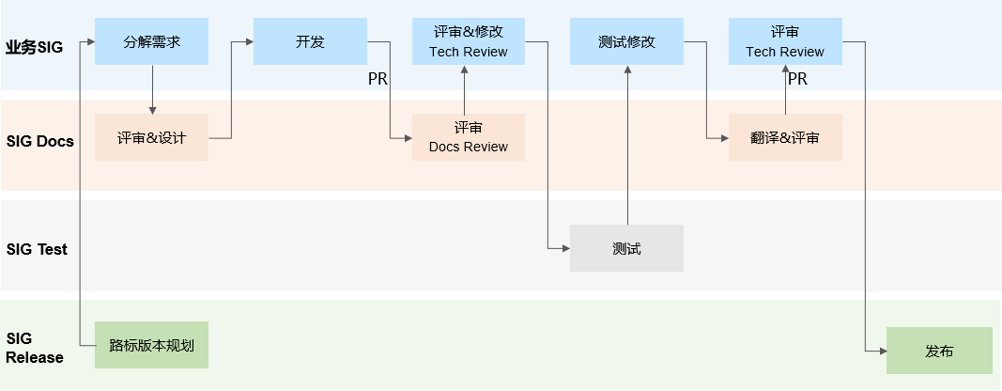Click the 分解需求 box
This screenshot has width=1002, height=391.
[x=151, y=42]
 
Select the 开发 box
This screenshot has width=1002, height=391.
[x=310, y=42]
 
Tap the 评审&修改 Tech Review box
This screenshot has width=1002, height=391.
[x=468, y=42]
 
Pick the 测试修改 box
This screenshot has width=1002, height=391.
[x=626, y=42]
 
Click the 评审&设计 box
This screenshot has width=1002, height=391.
[x=151, y=138]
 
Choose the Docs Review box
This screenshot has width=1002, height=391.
[x=468, y=137]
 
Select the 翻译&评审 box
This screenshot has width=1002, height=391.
[x=784, y=138]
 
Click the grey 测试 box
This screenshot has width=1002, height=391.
[x=626, y=249]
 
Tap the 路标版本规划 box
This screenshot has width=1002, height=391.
[x=151, y=345]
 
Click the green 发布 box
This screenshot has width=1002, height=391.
[x=939, y=351]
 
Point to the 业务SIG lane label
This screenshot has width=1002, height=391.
[x=34, y=46]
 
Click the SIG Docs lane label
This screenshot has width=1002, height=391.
[x=39, y=142]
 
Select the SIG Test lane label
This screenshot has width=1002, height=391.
[x=37, y=249]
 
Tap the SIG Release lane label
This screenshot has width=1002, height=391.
[x=35, y=348]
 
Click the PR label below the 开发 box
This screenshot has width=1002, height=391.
[x=378, y=80]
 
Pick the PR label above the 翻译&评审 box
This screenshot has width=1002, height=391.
[x=797, y=80]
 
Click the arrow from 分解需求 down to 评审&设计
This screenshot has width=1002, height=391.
[x=151, y=90]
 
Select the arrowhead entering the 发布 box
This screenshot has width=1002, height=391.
[x=882, y=351]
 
